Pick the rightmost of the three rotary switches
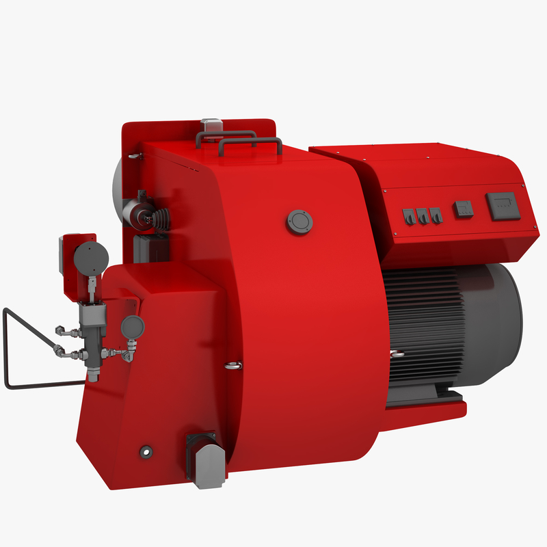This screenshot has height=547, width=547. [x=436, y=216]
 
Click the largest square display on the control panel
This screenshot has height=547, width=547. [x=503, y=205]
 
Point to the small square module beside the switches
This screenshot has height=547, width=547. [x=463, y=208]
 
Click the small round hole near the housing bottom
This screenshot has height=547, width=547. [x=145, y=451]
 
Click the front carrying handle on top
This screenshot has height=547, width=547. [x=250, y=143]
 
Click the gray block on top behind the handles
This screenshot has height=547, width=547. [x=211, y=127]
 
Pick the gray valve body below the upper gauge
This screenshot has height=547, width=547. [x=92, y=317]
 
